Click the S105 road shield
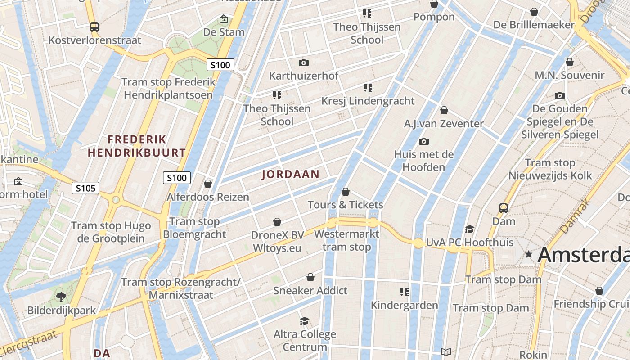[85, 188]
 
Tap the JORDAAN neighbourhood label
[290, 175]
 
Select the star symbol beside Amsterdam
[529, 255]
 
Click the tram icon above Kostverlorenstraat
[94, 27]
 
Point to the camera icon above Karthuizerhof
[304, 63]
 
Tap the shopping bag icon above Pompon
[434, 4]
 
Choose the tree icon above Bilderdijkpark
[61, 297]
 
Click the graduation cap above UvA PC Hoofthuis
[469, 229]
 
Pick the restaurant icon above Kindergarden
[404, 292]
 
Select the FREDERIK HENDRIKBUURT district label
[137, 146]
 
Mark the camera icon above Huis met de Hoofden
[423, 142]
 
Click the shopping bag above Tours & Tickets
[346, 192]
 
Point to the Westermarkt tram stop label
[346, 240]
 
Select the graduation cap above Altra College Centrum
[305, 321]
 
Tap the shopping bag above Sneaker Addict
[310, 277]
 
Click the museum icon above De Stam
[224, 19]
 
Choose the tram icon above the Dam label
[504, 208]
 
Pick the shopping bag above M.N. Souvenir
[569, 62]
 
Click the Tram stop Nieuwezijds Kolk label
[550, 169]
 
